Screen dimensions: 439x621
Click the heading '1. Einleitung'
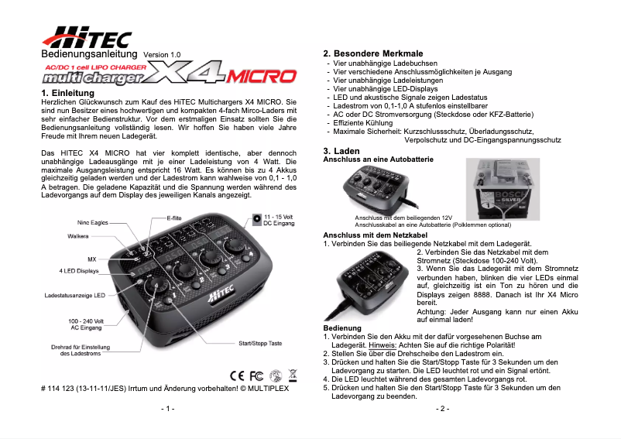pos(67,93)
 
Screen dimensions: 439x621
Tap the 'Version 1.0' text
pos(162,55)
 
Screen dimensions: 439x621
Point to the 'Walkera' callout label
pos(78,235)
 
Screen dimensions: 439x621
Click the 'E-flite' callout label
pos(177,219)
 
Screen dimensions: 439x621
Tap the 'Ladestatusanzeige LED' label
pos(74,296)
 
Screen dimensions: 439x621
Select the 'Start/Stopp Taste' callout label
pos(265,343)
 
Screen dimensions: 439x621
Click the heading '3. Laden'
pos(341,149)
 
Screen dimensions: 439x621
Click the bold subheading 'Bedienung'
pos(341,328)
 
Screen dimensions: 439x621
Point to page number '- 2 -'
pos(443,407)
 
